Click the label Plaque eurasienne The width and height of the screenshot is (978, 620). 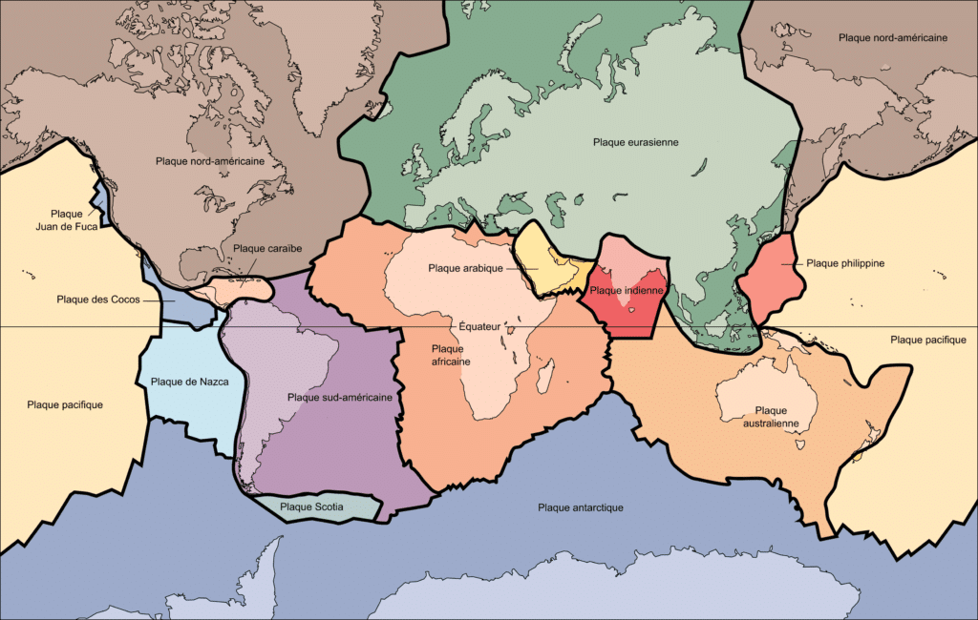pos(635,142)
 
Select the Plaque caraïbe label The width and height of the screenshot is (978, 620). pos(267,249)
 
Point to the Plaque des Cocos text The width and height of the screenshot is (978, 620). pos(98,300)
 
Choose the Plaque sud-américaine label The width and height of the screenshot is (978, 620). pos(339,397)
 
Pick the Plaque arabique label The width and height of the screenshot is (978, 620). pos(466,268)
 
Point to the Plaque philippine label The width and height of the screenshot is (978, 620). pos(845,262)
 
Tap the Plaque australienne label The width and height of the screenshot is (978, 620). pos(763,416)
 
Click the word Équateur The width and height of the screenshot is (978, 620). pos(479,325)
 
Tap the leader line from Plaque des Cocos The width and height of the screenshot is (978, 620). pos(159,300)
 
